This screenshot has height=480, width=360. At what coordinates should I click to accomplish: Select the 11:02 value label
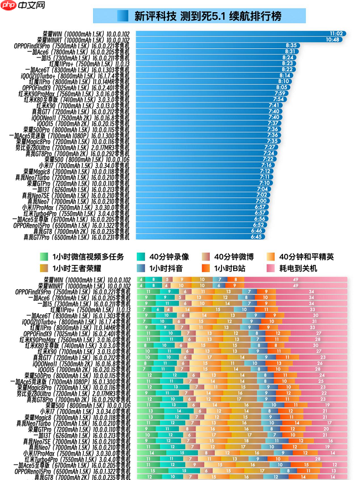(337, 34)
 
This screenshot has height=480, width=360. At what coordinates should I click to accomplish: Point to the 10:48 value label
(332, 39)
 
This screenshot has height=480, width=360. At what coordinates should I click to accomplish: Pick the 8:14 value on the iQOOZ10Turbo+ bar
(285, 75)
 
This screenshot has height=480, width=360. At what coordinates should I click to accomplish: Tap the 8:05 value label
(281, 87)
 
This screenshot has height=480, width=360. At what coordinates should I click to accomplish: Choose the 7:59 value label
(280, 93)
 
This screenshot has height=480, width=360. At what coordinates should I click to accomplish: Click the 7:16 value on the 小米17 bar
(266, 165)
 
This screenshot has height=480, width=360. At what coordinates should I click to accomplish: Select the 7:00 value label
(261, 201)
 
